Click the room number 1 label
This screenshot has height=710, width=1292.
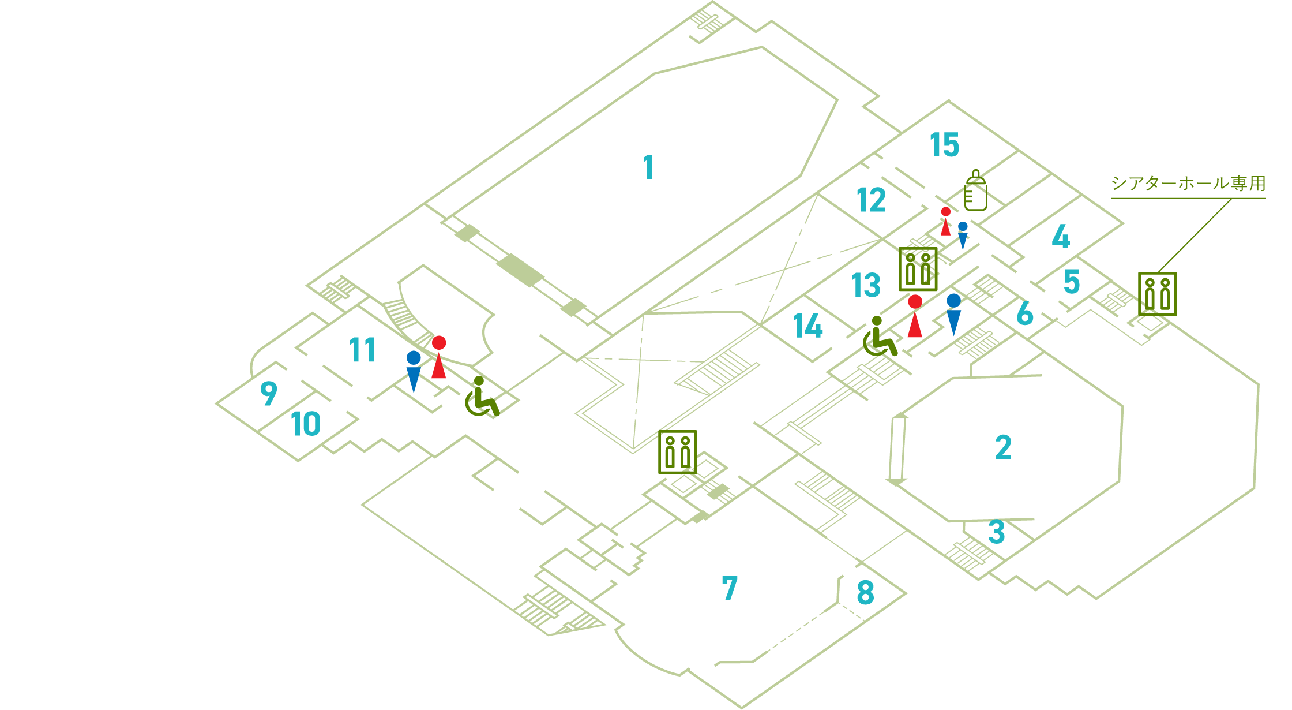tap(649, 167)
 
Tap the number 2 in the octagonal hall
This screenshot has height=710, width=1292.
tap(1003, 447)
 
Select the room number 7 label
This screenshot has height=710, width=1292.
tap(730, 588)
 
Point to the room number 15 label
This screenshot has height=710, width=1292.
tap(944, 145)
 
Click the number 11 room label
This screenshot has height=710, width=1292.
tap(362, 350)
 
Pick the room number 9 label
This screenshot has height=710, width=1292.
tap(269, 394)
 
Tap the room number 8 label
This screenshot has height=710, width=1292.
tap(865, 592)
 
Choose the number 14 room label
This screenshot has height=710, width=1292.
tap(807, 327)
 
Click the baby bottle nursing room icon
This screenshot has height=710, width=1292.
tap(975, 190)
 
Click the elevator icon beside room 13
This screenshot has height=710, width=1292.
tap(918, 269)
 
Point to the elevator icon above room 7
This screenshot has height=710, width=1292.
tap(678, 452)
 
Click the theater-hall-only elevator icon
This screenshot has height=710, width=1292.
tap(1157, 294)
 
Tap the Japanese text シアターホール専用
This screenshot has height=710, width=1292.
tap(1188, 184)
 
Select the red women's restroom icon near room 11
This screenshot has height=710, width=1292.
tap(439, 357)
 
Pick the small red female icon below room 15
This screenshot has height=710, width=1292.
tap(945, 221)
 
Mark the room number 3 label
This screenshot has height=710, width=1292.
tap(997, 532)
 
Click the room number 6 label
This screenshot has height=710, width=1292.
tap(1024, 313)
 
